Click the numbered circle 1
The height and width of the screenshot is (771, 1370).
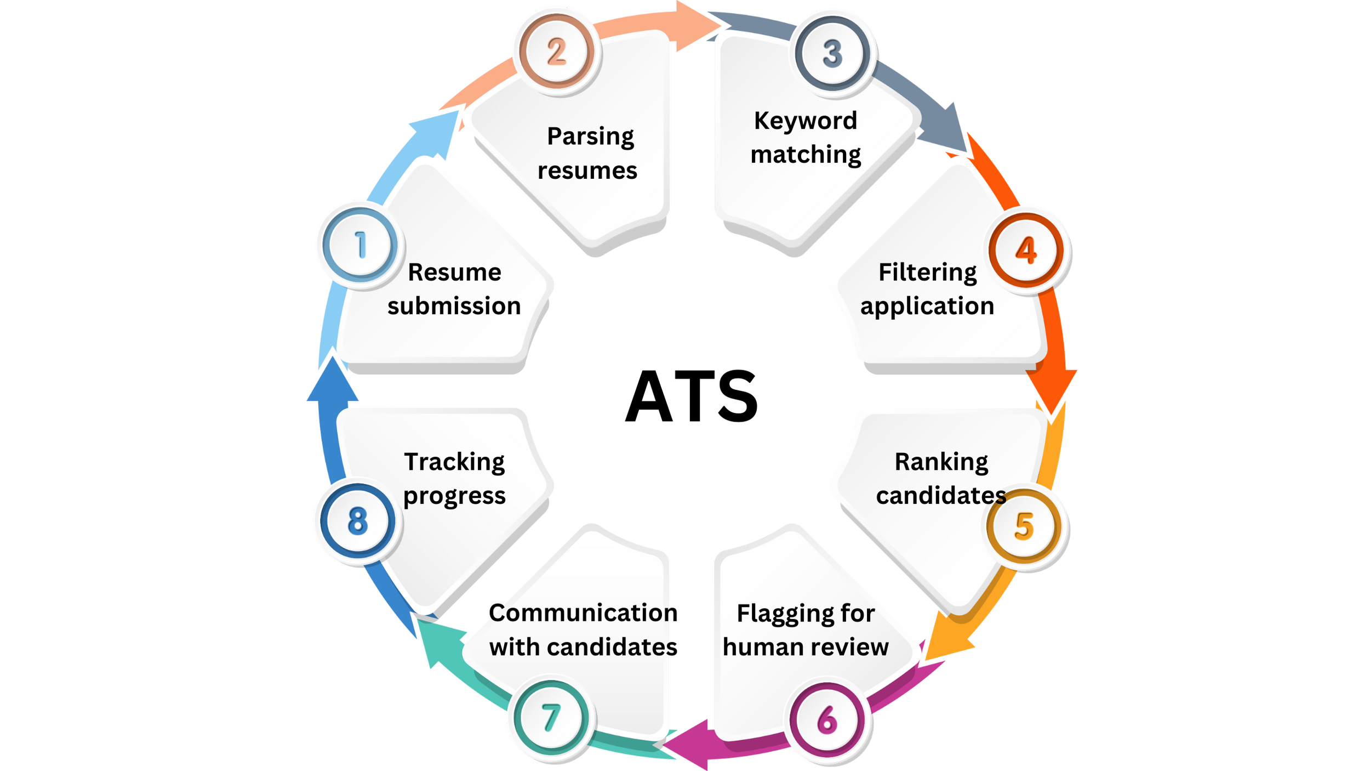360,245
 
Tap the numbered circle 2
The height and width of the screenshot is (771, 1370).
556,53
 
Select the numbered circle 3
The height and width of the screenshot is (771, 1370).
832,53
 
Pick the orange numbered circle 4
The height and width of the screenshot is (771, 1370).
1026,251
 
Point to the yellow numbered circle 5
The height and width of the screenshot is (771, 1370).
1024,526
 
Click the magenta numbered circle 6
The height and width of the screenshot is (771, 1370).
827,719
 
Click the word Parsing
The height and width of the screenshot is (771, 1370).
590,137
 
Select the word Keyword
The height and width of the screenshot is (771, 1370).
805,121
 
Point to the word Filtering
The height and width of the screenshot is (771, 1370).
927,273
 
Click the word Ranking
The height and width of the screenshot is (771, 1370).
941,462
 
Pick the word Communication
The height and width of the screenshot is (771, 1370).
581,613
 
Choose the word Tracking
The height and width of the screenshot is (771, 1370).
454,462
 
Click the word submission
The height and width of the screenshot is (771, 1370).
454,306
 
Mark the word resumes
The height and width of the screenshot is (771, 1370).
587,171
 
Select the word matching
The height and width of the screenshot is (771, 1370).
806,155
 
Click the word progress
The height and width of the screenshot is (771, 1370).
454,496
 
